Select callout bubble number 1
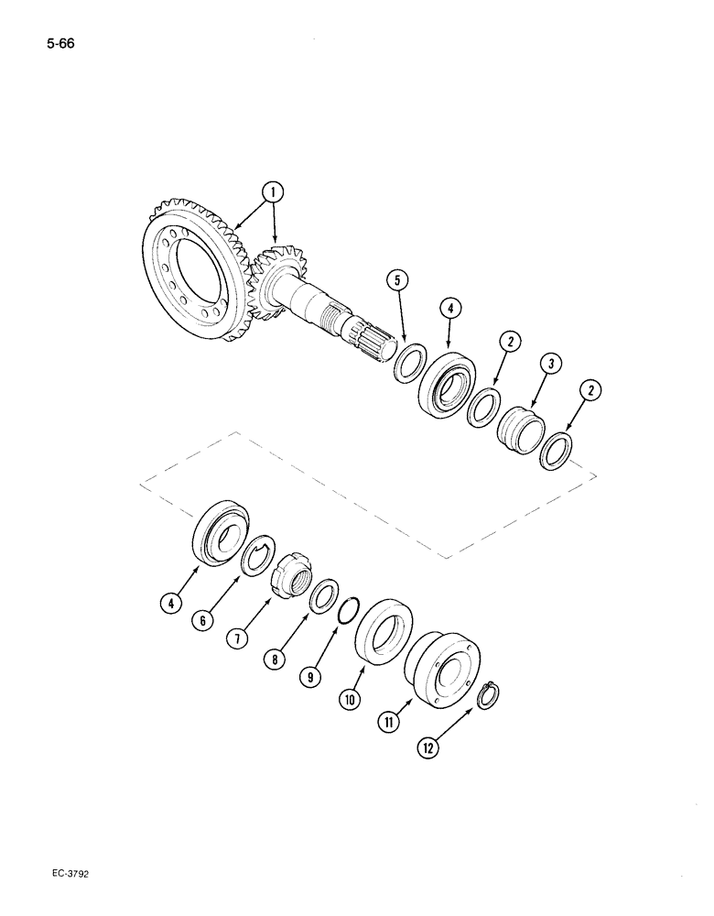pyautogui.click(x=272, y=191)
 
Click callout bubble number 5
pyautogui.click(x=395, y=280)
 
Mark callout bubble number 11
pyautogui.click(x=391, y=723)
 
